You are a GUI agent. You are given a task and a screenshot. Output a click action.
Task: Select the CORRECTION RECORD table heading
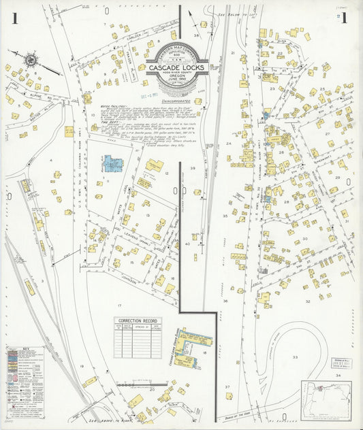[138, 320]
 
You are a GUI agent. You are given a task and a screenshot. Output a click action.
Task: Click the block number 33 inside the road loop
[295, 357]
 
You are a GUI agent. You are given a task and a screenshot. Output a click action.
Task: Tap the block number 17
[120, 295]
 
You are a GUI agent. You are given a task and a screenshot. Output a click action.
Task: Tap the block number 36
[224, 300]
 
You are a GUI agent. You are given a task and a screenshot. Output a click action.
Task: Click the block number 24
[229, 144]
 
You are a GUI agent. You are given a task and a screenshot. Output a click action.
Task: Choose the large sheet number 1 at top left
[14, 18]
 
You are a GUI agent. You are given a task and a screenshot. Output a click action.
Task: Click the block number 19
[82, 367]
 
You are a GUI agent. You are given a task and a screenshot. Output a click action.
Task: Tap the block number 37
[229, 386]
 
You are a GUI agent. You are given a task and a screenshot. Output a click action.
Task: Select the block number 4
[51, 160]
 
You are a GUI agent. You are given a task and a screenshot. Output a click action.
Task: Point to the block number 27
[328, 134]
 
